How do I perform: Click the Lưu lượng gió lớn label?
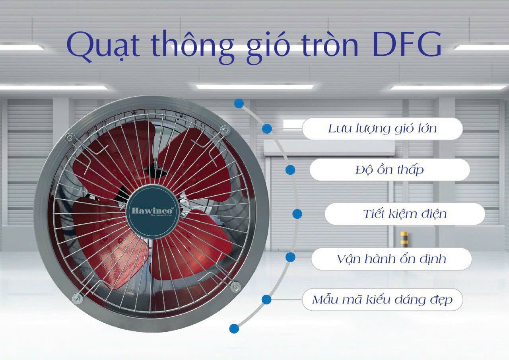click(x=382, y=128)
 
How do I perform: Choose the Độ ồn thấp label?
click(x=389, y=170)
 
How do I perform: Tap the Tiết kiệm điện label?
click(x=404, y=214)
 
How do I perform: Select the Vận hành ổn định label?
click(x=391, y=259)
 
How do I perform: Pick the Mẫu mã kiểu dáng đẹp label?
click(x=382, y=300)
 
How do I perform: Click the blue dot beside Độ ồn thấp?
click(x=290, y=170)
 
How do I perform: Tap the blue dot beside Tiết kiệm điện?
click(x=297, y=214)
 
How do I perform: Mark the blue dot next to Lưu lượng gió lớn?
click(x=267, y=128)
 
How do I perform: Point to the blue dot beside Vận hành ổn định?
click(x=290, y=257)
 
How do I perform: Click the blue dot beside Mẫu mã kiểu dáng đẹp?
click(x=266, y=300)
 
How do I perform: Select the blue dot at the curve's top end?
click(x=239, y=103)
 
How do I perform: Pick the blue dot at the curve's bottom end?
click(x=234, y=328)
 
